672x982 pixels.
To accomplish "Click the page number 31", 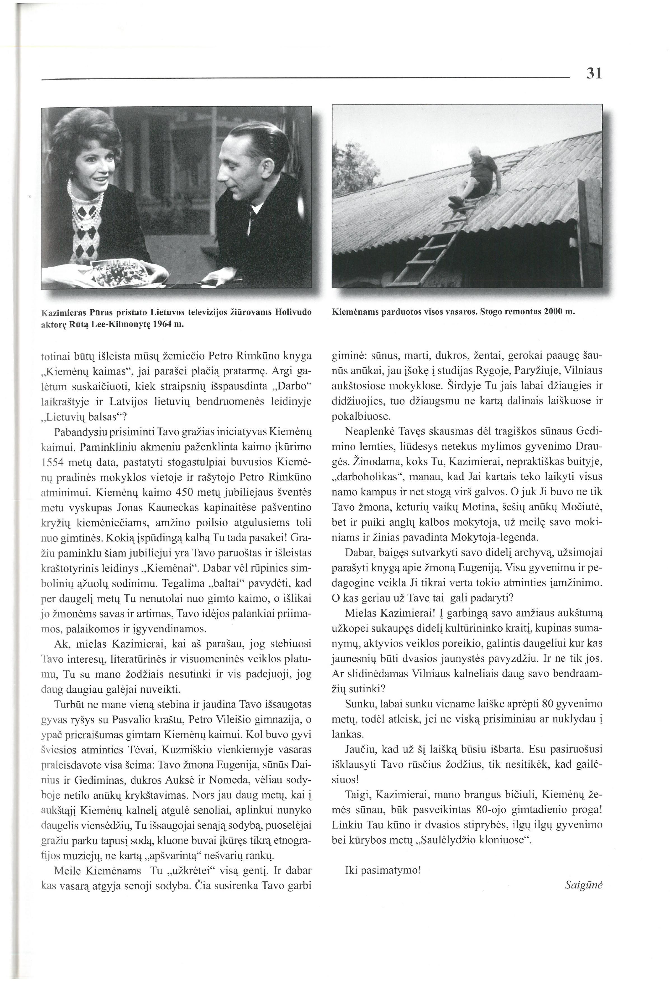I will (593, 74).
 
